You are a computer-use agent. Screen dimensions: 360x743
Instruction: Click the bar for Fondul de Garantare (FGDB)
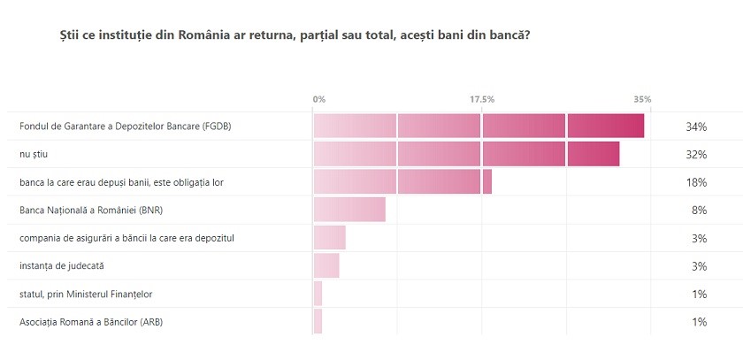[478, 126]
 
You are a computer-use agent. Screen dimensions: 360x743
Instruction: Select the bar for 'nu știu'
[466, 154]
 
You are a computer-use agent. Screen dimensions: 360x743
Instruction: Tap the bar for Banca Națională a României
[349, 210]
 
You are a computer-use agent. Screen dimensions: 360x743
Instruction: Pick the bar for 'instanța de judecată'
[326, 265]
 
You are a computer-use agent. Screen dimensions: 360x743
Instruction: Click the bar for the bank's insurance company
[329, 238]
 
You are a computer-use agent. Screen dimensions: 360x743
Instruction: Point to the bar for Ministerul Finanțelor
[318, 294]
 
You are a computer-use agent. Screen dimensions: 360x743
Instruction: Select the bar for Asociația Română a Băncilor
[318, 321]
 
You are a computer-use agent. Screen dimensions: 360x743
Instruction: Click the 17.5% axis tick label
[481, 99]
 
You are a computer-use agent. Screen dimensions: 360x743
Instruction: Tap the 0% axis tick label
[319, 99]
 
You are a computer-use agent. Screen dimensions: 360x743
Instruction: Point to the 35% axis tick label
[642, 99]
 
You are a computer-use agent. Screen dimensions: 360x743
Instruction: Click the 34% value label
[696, 127]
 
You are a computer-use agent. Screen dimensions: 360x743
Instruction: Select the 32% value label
[696, 155]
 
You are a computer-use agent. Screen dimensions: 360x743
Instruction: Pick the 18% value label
[696, 182]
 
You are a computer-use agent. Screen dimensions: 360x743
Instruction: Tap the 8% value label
[699, 211]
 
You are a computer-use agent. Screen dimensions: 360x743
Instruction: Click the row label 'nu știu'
[32, 155]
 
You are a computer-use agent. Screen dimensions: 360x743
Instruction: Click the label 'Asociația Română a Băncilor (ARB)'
[91, 322]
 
